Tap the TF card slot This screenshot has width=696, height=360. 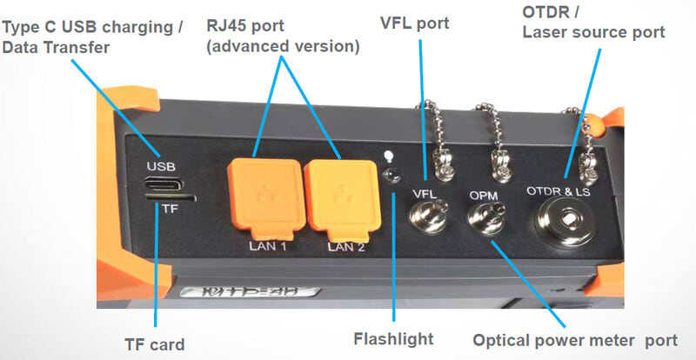click(171, 197)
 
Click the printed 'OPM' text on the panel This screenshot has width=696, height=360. click(483, 197)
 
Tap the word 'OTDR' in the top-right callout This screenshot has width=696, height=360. click(546, 13)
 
